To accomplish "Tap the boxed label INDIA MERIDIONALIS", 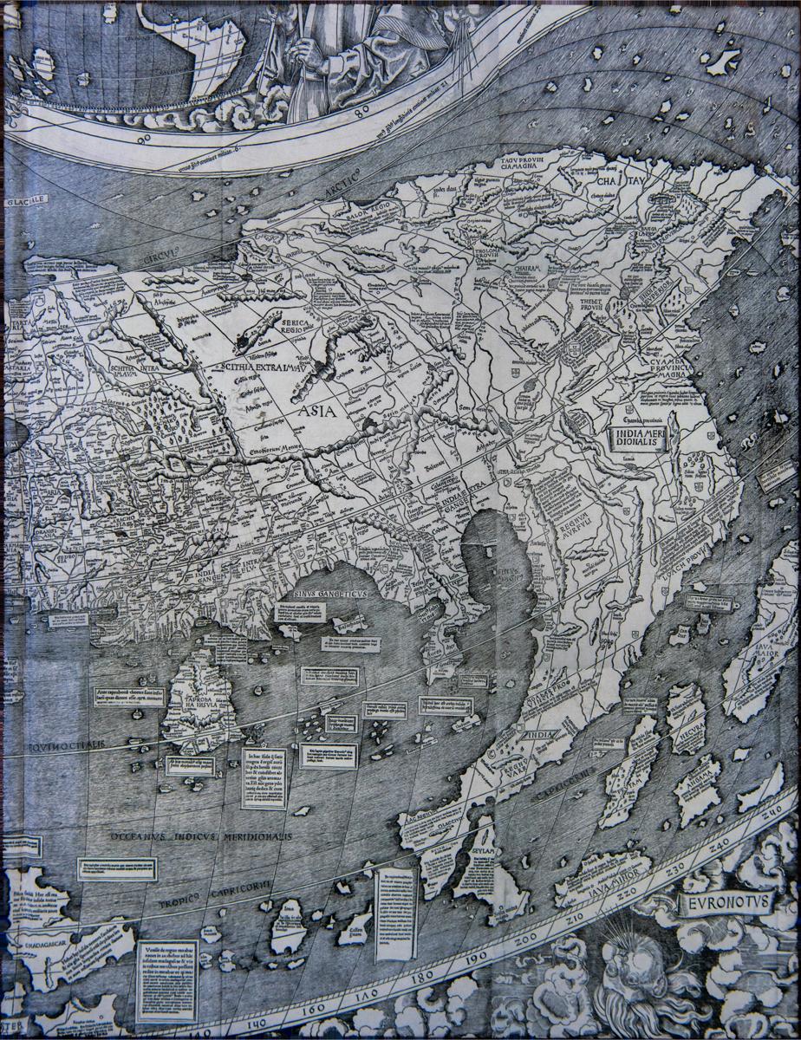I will click(x=637, y=436).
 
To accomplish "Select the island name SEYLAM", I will click(x=483, y=853).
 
